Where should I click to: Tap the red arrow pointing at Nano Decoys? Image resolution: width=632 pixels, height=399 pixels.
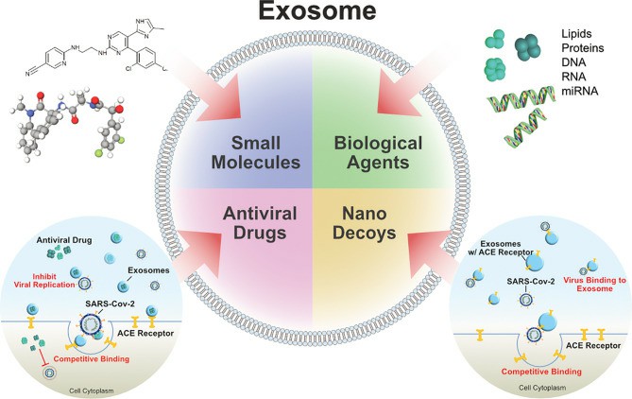point(418,280)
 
